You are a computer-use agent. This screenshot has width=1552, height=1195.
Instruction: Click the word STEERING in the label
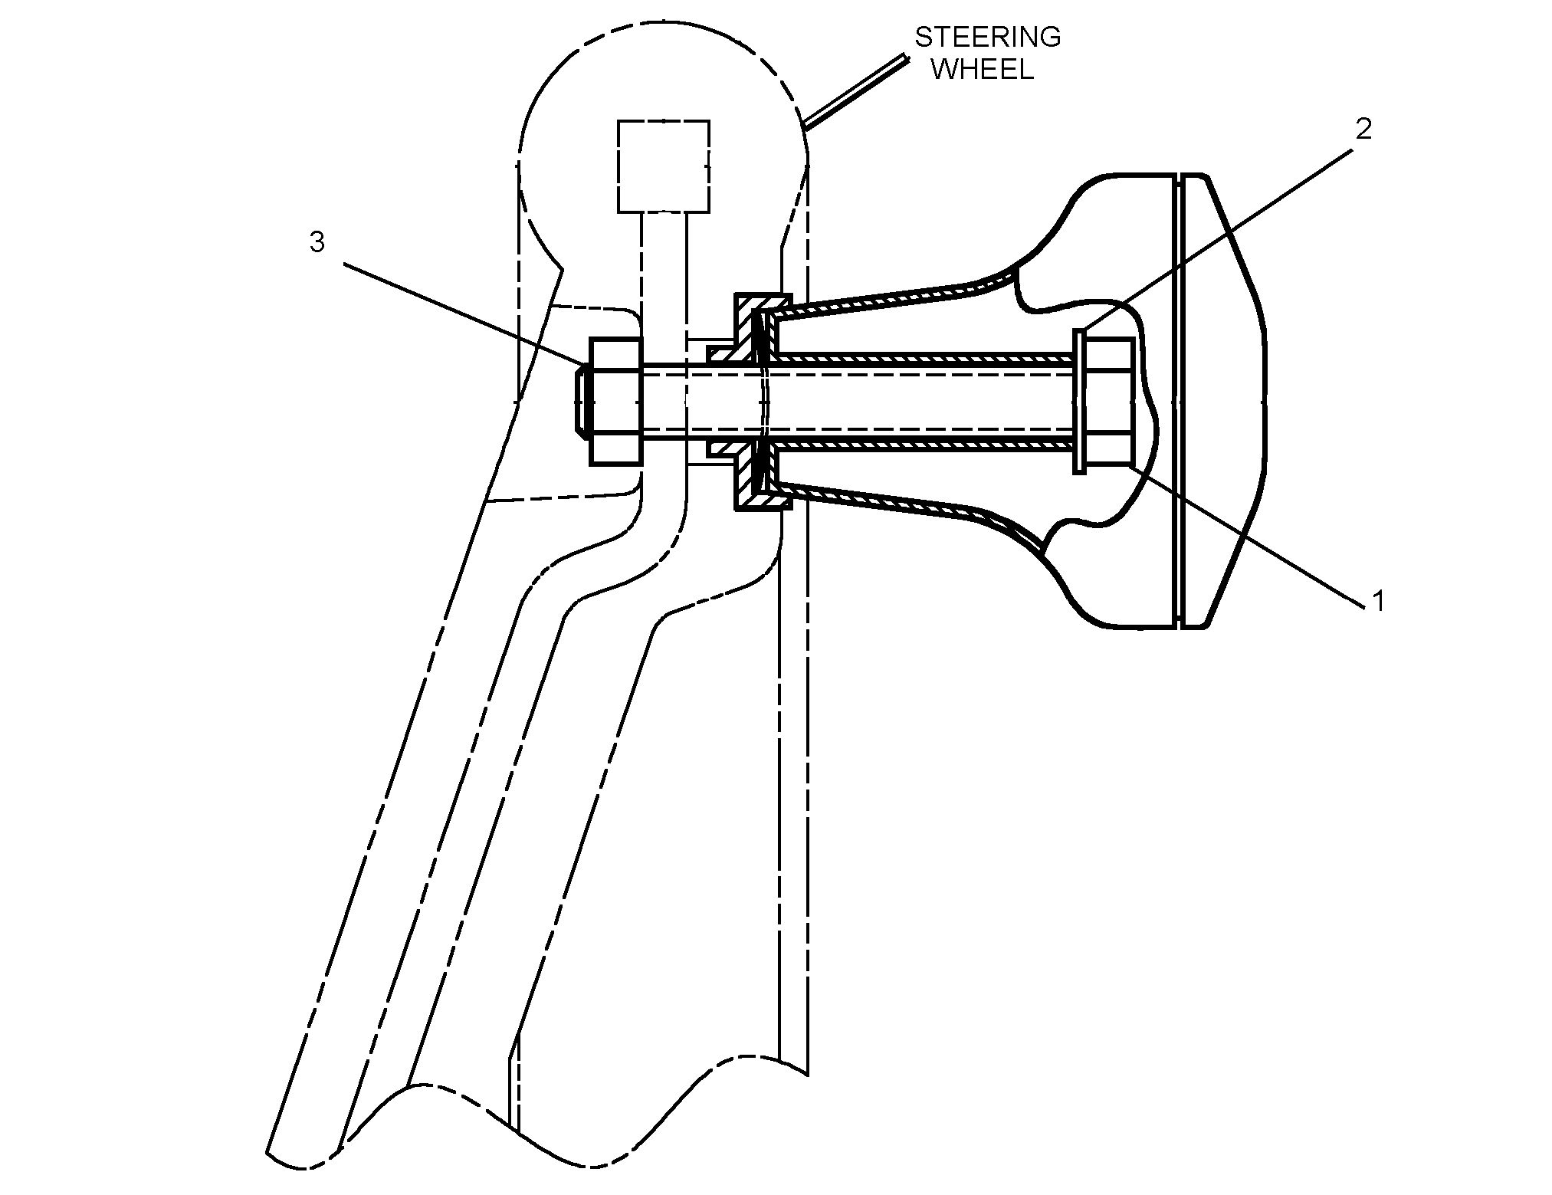click(x=987, y=37)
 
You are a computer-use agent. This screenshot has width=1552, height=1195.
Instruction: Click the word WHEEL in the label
click(x=987, y=69)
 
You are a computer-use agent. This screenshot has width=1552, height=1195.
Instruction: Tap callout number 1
click(x=1378, y=602)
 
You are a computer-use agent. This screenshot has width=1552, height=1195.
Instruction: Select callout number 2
click(x=1363, y=129)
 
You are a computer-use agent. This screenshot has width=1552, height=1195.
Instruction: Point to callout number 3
click(x=317, y=242)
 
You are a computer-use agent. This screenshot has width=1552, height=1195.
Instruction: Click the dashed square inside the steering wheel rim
click(x=663, y=166)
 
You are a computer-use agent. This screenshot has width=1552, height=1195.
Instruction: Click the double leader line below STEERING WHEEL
click(x=855, y=90)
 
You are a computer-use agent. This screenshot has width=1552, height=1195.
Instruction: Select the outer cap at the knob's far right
click(x=1222, y=401)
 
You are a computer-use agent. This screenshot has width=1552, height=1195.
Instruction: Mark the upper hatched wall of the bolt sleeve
click(x=920, y=358)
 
